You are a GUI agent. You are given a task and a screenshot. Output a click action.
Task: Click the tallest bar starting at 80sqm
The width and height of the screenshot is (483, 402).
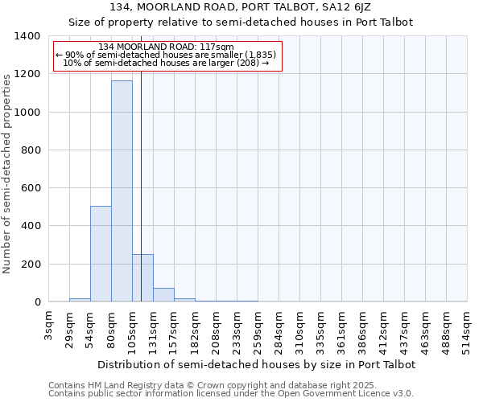coord(122,191)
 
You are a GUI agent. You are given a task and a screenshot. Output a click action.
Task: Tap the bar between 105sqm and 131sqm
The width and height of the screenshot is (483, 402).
coord(142,278)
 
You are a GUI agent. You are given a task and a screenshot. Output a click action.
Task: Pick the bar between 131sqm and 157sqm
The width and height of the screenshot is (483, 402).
coord(163,295)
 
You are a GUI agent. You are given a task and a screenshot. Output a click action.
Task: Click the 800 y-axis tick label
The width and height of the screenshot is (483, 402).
coord(31,150)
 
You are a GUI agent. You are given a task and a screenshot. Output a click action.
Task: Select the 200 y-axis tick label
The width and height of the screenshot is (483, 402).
coord(31,265)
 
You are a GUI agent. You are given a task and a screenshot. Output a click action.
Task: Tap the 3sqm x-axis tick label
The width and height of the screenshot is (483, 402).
coord(49,327)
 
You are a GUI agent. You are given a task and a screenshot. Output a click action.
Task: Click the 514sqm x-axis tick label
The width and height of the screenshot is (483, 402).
coord(467,330)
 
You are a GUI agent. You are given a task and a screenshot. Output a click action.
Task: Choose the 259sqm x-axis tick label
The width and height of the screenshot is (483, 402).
coord(258,330)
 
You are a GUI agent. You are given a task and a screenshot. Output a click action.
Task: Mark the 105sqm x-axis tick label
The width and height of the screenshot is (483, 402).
coord(132,330)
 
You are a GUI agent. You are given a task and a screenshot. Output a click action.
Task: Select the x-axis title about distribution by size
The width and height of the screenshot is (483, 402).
coord(257,364)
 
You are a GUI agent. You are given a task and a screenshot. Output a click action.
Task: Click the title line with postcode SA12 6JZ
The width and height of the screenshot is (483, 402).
coord(241,8)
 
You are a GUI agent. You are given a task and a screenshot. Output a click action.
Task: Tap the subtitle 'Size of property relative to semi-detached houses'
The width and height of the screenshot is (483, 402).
coord(241,23)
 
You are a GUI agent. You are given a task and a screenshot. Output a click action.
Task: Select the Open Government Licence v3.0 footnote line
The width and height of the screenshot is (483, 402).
coord(231,394)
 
